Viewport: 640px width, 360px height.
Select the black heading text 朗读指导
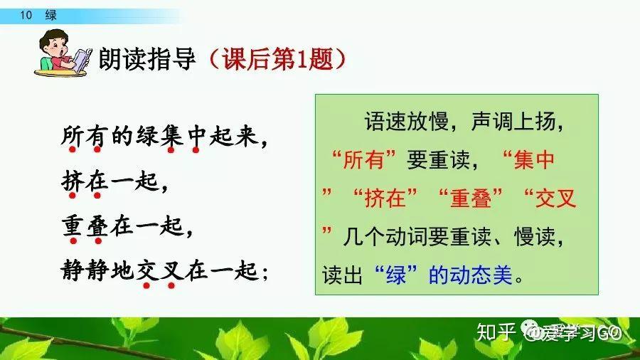(x=147, y=58)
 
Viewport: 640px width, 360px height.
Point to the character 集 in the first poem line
(x=171, y=135)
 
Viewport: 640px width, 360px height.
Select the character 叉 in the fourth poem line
(x=172, y=272)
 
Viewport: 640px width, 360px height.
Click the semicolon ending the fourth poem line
(x=265, y=273)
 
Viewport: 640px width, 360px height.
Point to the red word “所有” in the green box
(x=368, y=161)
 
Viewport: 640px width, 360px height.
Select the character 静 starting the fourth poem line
(x=73, y=272)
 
